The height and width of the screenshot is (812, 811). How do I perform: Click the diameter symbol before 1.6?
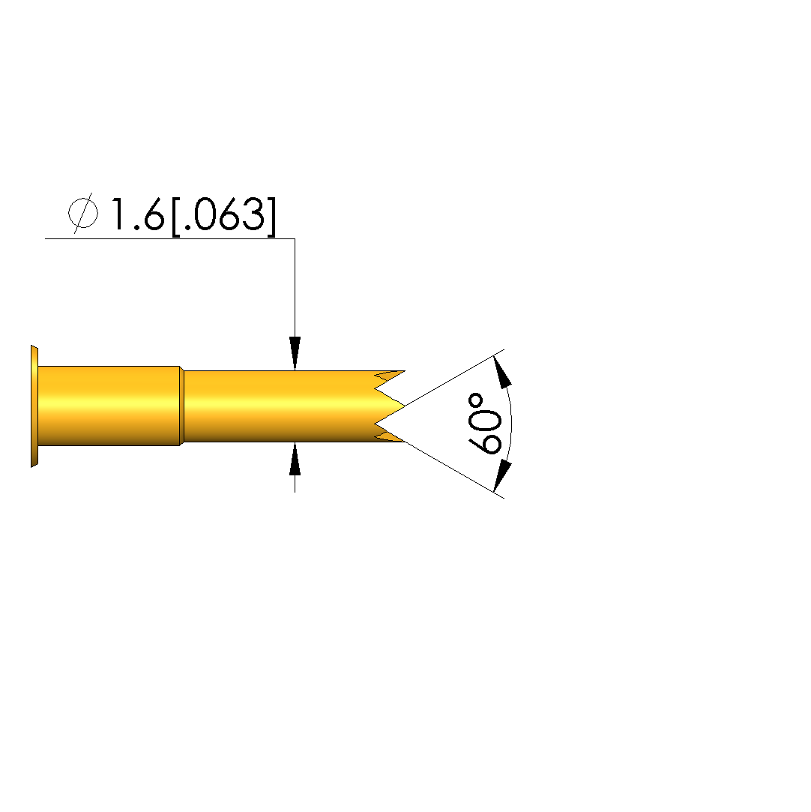(82, 214)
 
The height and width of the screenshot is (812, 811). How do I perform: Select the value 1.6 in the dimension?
(138, 214)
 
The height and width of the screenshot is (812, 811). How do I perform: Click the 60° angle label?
(484, 424)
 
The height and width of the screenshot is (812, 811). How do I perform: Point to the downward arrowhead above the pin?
(295, 353)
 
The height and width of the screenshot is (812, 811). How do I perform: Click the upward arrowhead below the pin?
(295, 459)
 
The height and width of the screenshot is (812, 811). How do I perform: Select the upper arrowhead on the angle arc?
(501, 371)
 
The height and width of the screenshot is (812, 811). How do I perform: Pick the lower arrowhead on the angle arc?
(501, 476)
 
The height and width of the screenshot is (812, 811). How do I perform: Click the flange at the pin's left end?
(34, 406)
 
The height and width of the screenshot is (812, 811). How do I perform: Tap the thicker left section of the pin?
(109, 406)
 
